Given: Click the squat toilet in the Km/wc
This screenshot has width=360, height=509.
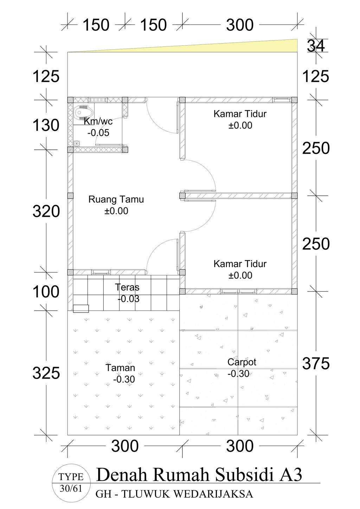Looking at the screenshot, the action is [x=84, y=112].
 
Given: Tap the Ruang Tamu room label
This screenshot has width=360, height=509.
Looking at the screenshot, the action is [x=116, y=199].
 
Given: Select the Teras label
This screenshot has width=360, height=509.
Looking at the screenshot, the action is [x=127, y=287].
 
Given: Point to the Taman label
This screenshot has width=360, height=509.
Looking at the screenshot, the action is [x=120, y=368].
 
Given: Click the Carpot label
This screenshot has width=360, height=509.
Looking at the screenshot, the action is [x=242, y=362].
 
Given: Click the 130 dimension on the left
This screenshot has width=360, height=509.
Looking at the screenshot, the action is [x=46, y=125].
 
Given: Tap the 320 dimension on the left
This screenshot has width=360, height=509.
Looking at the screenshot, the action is [x=46, y=211].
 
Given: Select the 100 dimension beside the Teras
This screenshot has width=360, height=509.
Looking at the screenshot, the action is [x=46, y=292].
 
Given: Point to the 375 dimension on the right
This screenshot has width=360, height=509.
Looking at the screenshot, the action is [x=316, y=363].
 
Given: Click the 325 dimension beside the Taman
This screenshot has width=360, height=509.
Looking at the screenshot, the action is [x=46, y=373].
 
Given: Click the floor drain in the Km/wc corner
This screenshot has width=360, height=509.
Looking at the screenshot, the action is [x=77, y=143].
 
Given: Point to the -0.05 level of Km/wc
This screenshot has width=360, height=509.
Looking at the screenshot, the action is [x=98, y=133].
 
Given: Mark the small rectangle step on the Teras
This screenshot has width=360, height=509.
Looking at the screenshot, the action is [x=81, y=308].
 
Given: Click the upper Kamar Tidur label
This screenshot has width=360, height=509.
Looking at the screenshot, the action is [x=240, y=114].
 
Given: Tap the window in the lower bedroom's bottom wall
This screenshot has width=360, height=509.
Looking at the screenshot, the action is [x=238, y=291].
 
